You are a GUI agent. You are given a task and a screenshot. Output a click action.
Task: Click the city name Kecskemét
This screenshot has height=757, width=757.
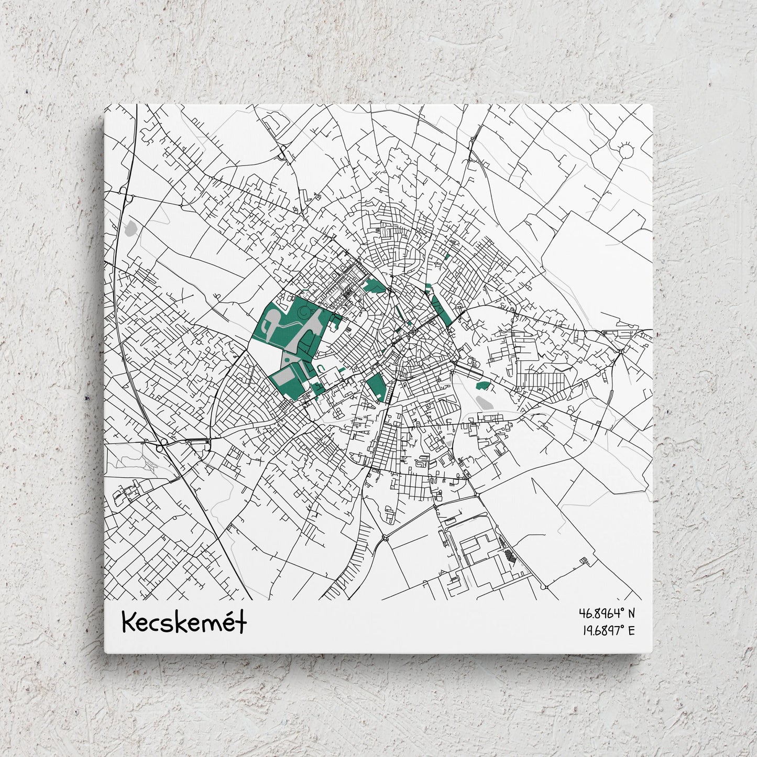click(184, 622)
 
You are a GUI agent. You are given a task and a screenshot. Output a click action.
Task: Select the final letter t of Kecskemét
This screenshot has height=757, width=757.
click(242, 622)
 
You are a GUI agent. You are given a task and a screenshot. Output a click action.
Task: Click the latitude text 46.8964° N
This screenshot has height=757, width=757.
click(606, 613)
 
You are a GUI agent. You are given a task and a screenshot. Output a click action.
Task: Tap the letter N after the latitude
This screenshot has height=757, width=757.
click(631, 613)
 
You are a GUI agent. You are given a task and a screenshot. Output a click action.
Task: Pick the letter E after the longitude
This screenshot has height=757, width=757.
click(631, 631)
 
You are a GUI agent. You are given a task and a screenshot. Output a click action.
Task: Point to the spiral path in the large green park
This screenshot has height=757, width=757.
click(303, 313)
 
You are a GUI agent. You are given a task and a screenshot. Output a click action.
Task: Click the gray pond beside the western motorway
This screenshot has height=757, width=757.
click(131, 228)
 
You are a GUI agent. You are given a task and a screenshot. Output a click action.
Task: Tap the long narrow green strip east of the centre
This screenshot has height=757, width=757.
click(442, 309)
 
